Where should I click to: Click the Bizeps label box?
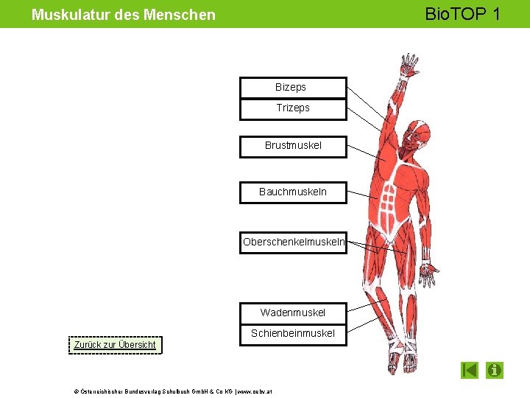click(x=293, y=88)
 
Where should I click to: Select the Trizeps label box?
click(x=293, y=108)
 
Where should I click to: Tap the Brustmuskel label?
click(x=293, y=146)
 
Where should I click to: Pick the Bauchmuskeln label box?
click(x=293, y=192)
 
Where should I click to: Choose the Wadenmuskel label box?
click(x=293, y=313)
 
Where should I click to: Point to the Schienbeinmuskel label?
click(x=293, y=334)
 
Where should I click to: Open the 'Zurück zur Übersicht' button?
click(x=115, y=345)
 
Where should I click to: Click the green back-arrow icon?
click(x=470, y=370)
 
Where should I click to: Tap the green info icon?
click(x=495, y=370)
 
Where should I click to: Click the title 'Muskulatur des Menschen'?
click(x=124, y=15)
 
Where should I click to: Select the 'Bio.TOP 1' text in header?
click(x=462, y=14)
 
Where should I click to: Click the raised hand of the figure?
click(x=407, y=65)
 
